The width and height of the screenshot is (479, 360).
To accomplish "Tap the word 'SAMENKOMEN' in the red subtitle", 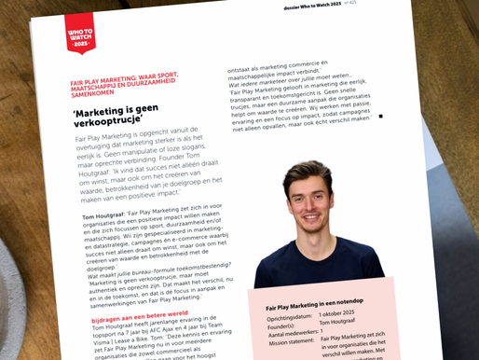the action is point(95,92).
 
